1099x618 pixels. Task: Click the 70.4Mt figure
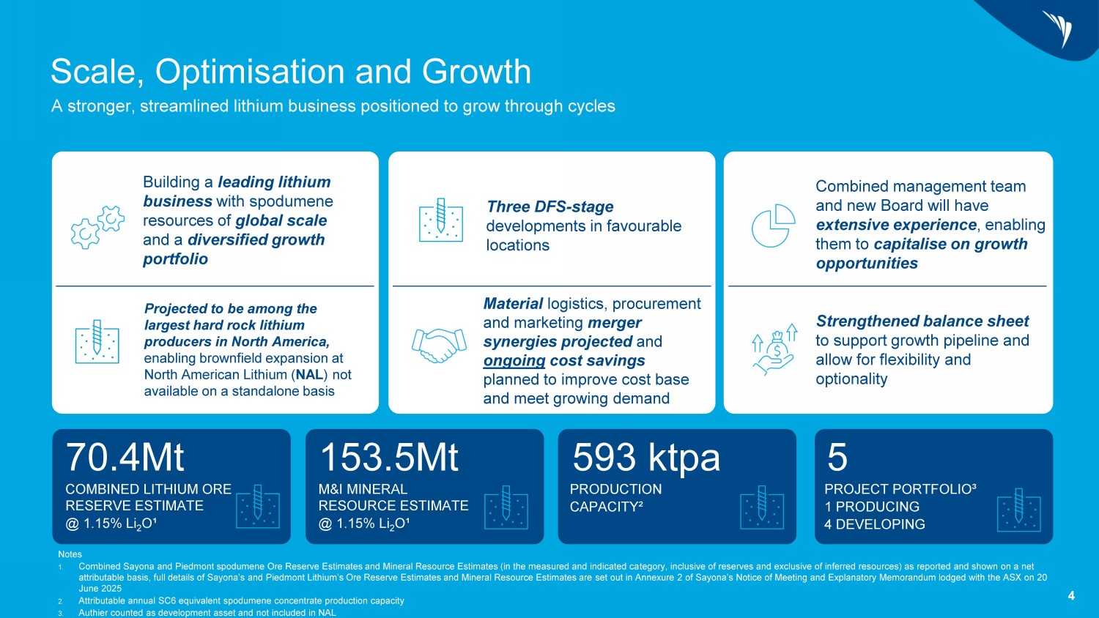pyautogui.click(x=125, y=458)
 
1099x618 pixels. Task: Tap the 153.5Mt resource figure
pyautogui.click(x=389, y=458)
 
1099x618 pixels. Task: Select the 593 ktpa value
pyautogui.click(x=646, y=458)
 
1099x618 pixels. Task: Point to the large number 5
pyautogui.click(x=837, y=458)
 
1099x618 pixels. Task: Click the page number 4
pyautogui.click(x=1071, y=596)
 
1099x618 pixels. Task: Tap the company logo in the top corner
pyautogui.click(x=1059, y=29)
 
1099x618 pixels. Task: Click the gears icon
pyautogui.click(x=97, y=227)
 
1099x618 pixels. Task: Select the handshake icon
pyautogui.click(x=439, y=344)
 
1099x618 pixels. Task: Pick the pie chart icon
pyautogui.click(x=773, y=226)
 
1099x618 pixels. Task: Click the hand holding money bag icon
pyautogui.click(x=775, y=349)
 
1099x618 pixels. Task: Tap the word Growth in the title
pyautogui.click(x=476, y=72)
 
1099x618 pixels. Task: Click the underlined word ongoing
pyautogui.click(x=514, y=361)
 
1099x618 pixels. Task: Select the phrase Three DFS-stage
pyautogui.click(x=550, y=207)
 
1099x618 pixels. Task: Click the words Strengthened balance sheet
pyautogui.click(x=922, y=321)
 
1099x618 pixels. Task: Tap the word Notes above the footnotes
pyautogui.click(x=70, y=554)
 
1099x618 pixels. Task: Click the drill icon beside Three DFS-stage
pyautogui.click(x=440, y=218)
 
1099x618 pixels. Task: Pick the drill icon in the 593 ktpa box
pyautogui.click(x=762, y=506)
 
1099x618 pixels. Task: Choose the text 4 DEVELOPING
pyautogui.click(x=874, y=524)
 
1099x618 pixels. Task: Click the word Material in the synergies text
pyautogui.click(x=513, y=304)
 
